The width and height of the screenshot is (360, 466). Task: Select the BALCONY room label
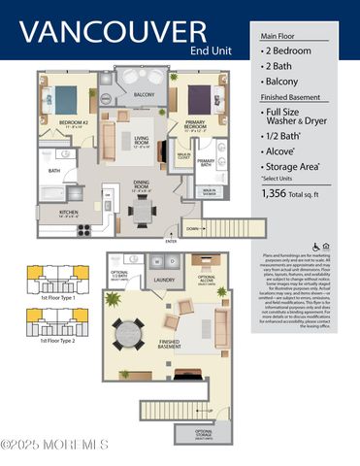(x=144, y=94)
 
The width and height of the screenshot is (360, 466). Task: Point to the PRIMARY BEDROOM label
(x=197, y=123)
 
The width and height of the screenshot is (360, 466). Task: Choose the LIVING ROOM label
(x=141, y=143)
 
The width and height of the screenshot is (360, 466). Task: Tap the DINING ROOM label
(x=142, y=186)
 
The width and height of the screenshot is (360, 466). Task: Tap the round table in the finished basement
(x=129, y=334)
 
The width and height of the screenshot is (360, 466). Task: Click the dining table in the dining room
(x=143, y=210)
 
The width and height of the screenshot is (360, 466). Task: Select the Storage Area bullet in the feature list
(x=292, y=193)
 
